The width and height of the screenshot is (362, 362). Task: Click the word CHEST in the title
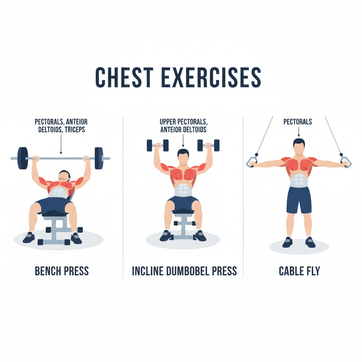(122, 77)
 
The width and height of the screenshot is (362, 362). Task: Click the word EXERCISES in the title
(211, 77)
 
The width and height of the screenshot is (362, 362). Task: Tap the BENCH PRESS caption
(62, 271)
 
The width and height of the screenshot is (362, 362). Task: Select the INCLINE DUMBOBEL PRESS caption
(184, 271)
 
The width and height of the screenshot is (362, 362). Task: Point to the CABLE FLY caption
(299, 271)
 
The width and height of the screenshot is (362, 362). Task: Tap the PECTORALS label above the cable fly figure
(298, 122)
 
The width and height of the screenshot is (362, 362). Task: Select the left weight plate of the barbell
(23, 158)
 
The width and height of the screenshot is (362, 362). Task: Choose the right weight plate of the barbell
(99, 158)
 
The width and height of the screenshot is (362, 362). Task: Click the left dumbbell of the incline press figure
(157, 145)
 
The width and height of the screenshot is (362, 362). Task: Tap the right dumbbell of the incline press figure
(208, 145)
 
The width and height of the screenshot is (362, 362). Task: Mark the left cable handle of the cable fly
(251, 162)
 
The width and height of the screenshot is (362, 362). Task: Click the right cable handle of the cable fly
(345, 162)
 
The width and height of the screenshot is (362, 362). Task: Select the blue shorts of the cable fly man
(299, 200)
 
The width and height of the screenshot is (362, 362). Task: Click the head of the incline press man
(183, 157)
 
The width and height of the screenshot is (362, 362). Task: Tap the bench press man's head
(64, 176)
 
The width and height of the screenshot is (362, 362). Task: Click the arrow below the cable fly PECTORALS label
(298, 132)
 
